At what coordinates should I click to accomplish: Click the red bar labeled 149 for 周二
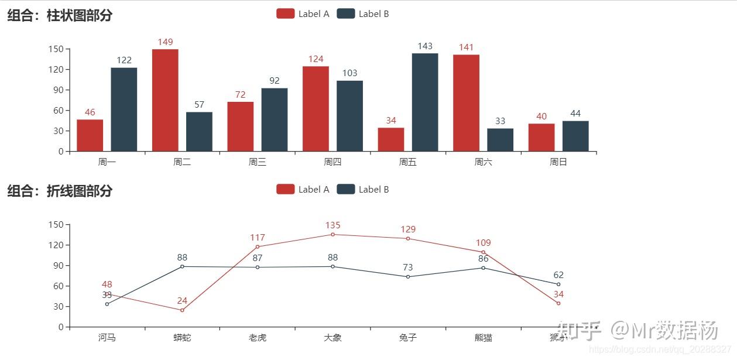click(x=165, y=100)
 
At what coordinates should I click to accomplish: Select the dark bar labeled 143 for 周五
click(x=425, y=102)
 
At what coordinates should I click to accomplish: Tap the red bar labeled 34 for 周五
click(x=390, y=139)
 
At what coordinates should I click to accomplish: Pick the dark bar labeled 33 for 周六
click(x=500, y=140)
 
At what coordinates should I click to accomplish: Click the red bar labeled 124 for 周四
click(x=316, y=108)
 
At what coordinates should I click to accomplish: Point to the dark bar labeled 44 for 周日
click(x=575, y=136)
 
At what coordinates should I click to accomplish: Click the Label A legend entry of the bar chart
click(x=303, y=14)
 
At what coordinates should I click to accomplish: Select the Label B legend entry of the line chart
click(x=363, y=189)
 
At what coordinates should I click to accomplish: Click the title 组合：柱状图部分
click(x=60, y=16)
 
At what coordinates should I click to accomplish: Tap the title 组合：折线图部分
click(x=60, y=191)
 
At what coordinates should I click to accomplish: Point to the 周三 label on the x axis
click(x=258, y=162)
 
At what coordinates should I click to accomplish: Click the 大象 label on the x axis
click(x=332, y=338)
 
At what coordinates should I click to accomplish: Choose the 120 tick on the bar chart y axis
click(x=56, y=69)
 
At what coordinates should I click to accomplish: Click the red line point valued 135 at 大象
click(x=332, y=234)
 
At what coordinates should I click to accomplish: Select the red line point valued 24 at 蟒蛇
click(x=182, y=310)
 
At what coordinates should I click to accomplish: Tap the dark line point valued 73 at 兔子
click(x=408, y=277)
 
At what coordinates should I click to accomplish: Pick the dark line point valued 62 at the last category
click(x=558, y=284)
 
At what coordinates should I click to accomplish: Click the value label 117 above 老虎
click(x=258, y=238)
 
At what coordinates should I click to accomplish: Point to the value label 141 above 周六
click(x=466, y=47)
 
